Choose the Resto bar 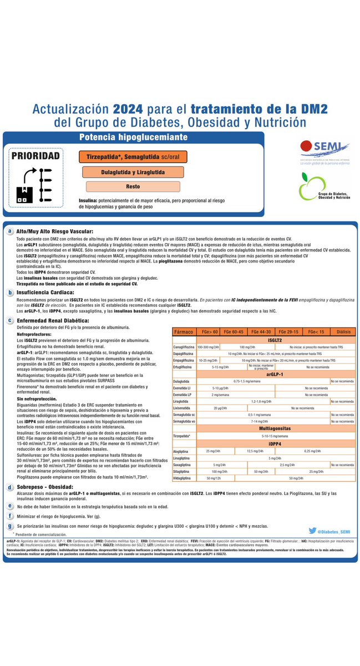pyautogui.click(x=133, y=186)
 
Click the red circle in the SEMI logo pyautogui.click(x=306, y=148)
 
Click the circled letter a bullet pyautogui.click(x=10, y=231)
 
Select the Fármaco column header pyautogui.click(x=184, y=331)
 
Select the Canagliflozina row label pyautogui.click(x=184, y=346)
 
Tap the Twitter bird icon pyautogui.click(x=312, y=531)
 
